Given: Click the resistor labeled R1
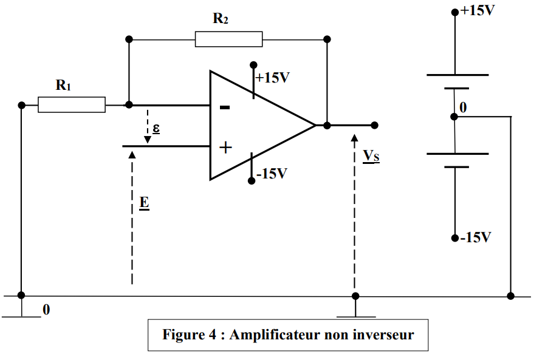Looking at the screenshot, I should (72, 104).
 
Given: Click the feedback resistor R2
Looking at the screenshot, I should (228, 39).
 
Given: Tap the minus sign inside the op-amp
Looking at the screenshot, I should (225, 107).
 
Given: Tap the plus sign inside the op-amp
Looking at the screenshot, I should (225, 147).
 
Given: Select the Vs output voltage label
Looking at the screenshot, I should (371, 156).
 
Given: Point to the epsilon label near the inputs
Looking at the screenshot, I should (156, 129).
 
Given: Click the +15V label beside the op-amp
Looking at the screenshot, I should (272, 78).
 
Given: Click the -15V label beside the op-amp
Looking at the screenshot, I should (271, 174).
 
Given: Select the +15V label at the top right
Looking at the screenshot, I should (478, 11).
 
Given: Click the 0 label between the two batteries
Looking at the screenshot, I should (464, 108).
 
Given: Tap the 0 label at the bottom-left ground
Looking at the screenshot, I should (46, 310).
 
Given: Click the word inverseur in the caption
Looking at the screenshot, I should (383, 335).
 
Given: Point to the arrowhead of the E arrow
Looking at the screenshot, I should (132, 152).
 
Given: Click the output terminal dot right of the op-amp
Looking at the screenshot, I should (374, 125).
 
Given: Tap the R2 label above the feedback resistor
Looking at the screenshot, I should (221, 18).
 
